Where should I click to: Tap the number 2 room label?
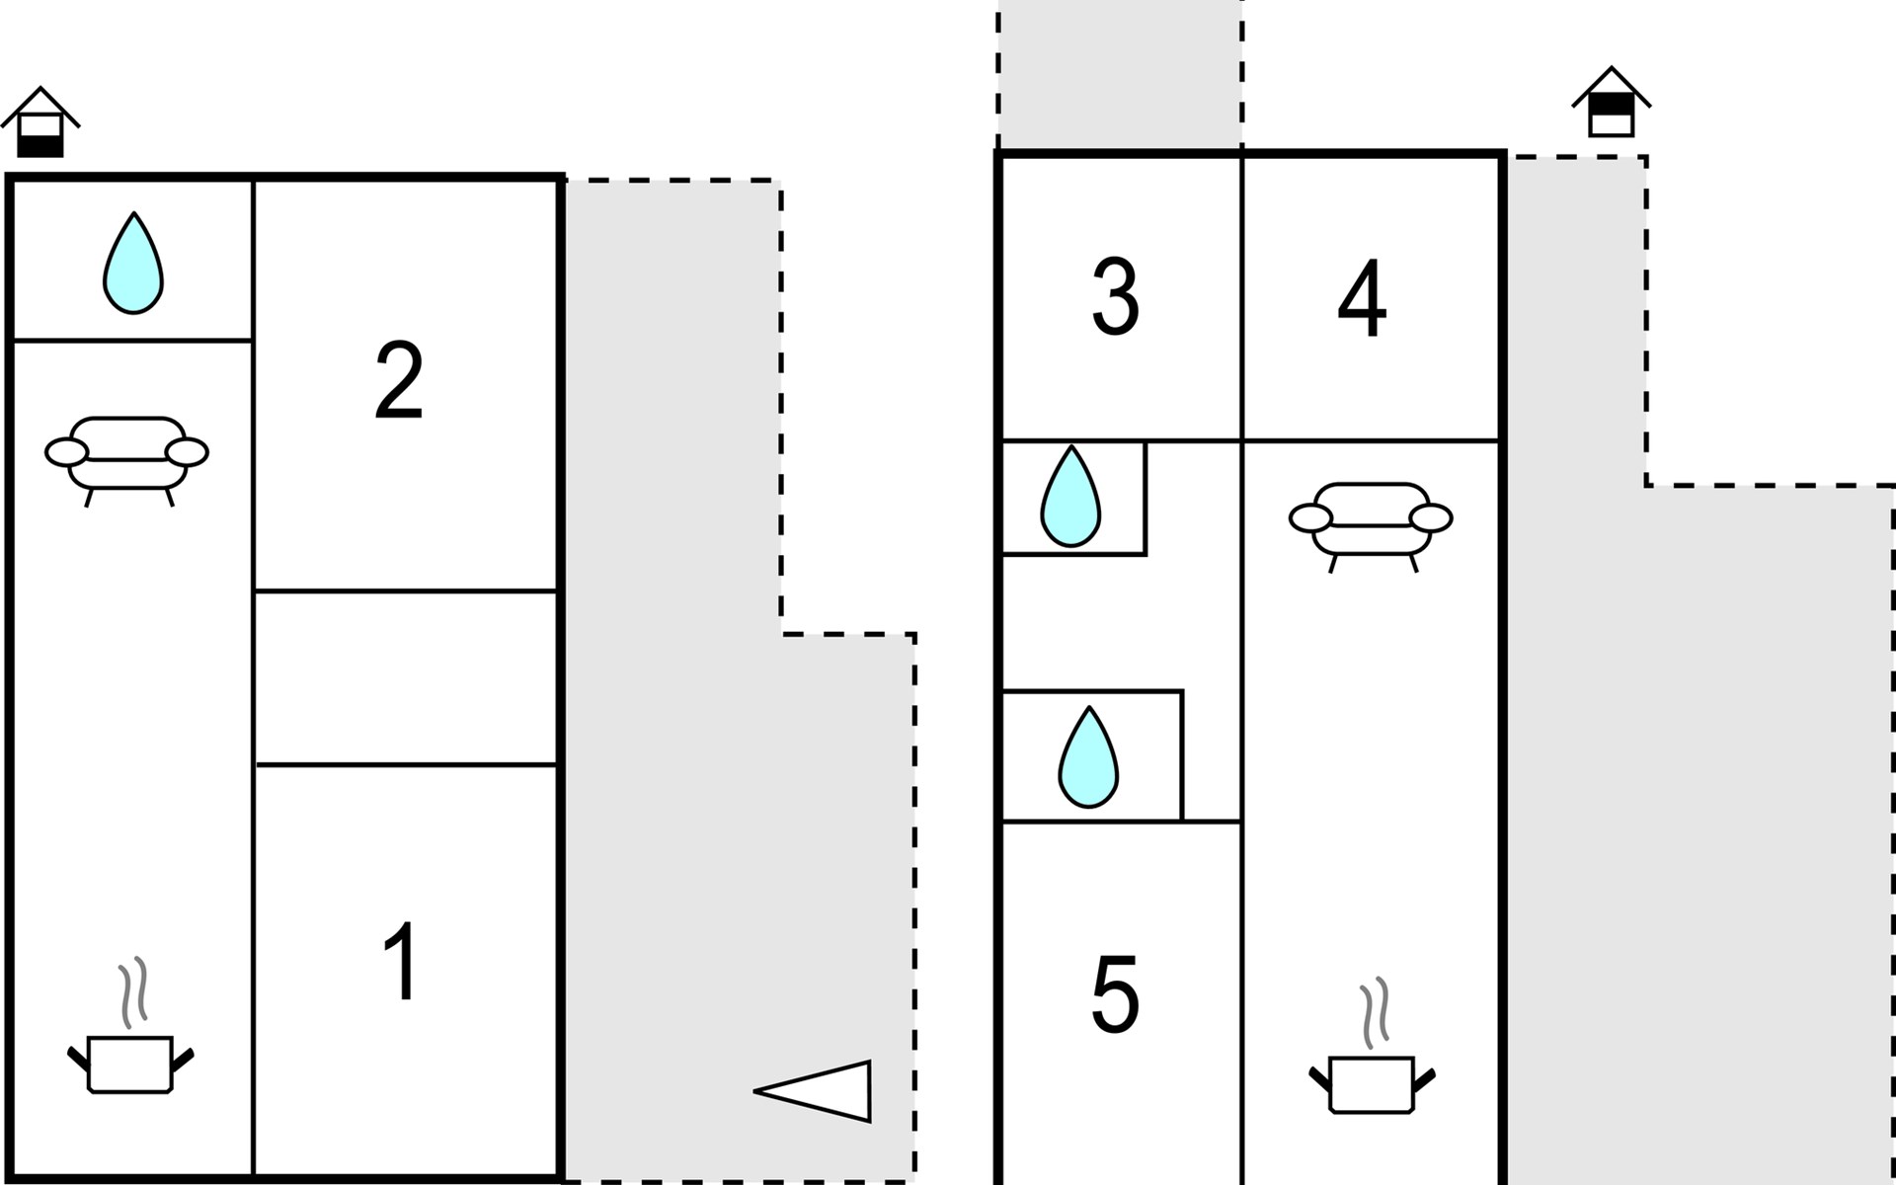400,380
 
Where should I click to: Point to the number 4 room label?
1363,298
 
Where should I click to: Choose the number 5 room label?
1116,994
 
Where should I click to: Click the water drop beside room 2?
133,264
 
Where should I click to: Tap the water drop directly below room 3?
1070,496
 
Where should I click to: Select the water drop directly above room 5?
1088,756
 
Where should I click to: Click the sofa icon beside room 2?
126,460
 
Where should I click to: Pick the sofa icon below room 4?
1371,526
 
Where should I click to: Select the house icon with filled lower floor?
39,121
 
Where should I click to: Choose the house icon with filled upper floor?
1612,102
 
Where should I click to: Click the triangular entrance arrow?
813,1091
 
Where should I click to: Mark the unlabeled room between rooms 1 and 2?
406,677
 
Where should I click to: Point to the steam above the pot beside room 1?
133,991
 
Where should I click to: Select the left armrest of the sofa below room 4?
1310,517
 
